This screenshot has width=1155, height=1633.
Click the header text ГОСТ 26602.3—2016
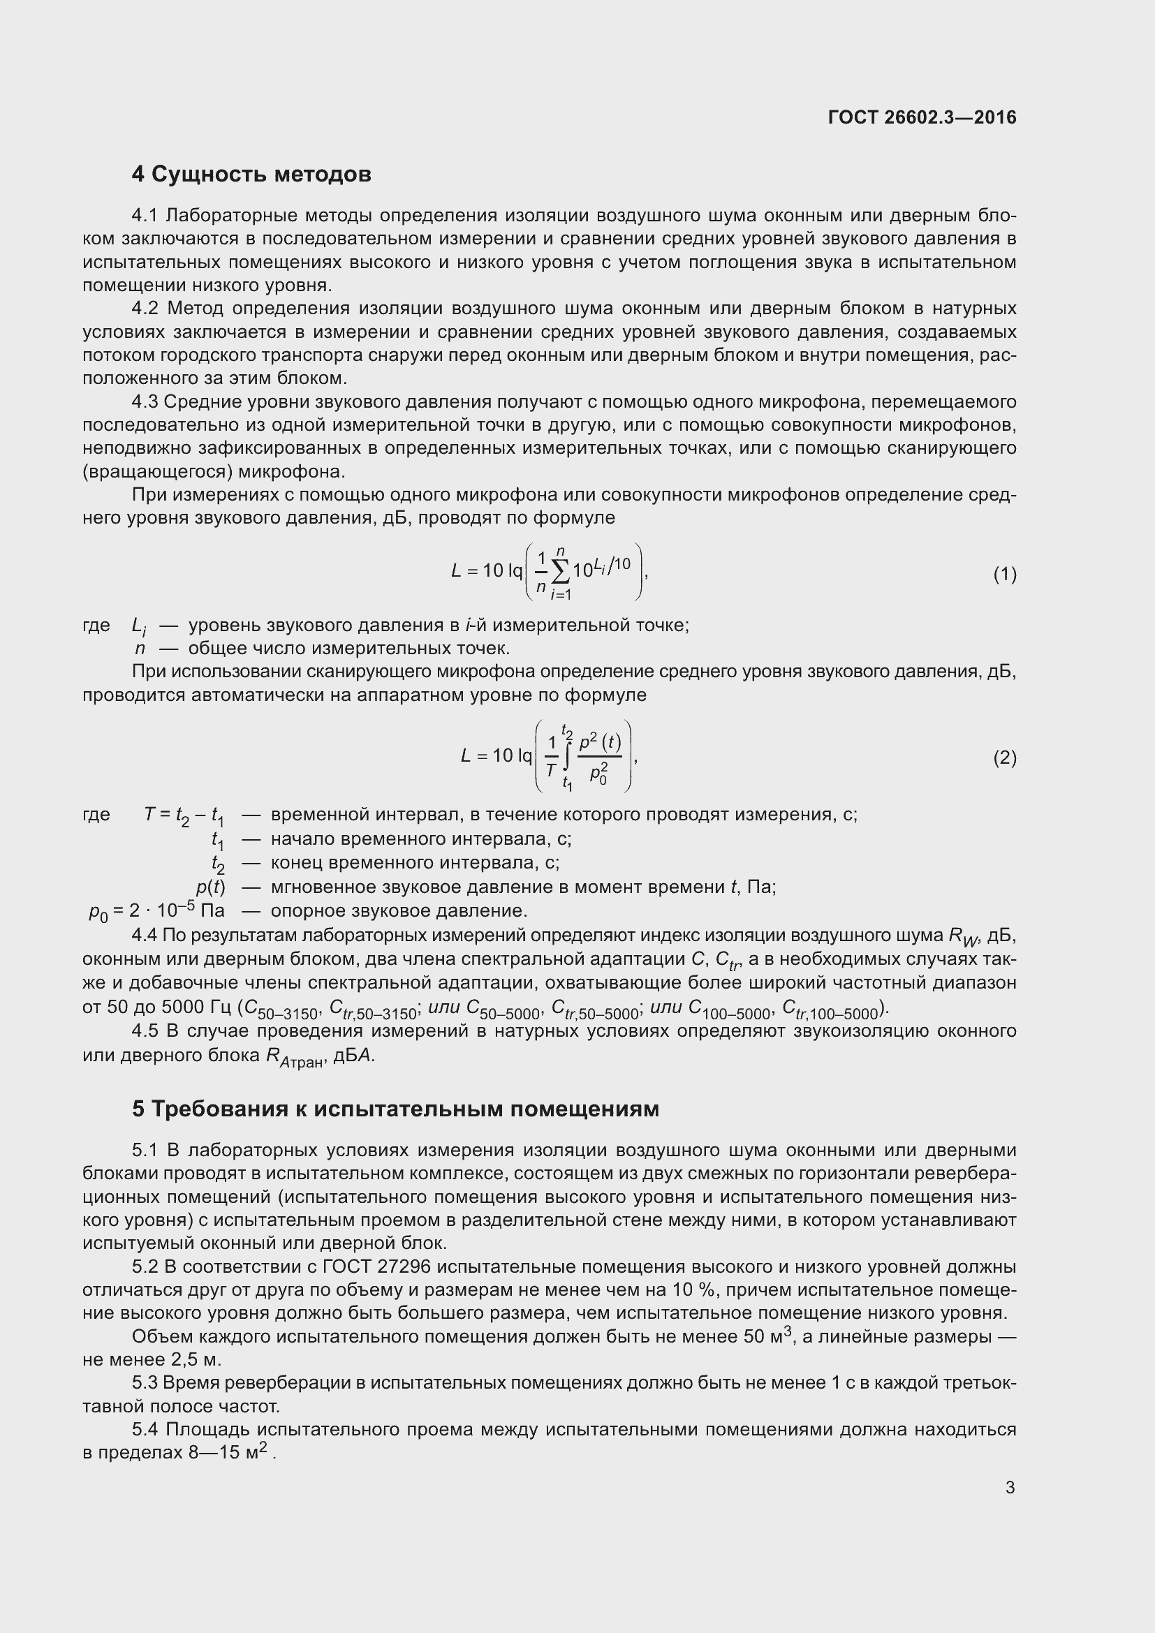click(922, 117)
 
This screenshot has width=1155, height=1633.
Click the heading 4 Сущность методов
click(251, 175)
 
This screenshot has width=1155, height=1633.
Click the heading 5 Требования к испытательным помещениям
click(395, 1109)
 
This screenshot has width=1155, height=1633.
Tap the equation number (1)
click(1004, 574)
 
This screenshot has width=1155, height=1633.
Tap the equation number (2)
click(1004, 758)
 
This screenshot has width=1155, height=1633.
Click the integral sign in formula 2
click(567, 757)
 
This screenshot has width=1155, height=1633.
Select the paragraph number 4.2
click(148, 309)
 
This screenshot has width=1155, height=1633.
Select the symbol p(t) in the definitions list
click(210, 887)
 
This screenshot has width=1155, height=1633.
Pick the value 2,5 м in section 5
click(196, 1359)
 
